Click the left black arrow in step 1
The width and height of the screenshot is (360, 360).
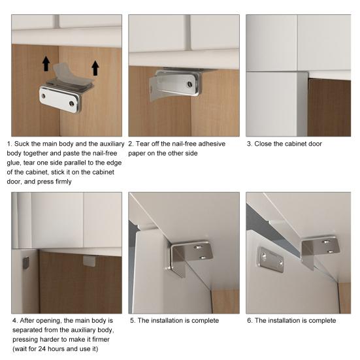pos(46,63)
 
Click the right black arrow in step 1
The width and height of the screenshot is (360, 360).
pos(95,68)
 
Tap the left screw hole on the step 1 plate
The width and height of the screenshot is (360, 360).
pos(43,95)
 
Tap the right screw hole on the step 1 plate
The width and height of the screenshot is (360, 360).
pos(72,104)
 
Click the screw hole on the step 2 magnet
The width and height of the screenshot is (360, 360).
pos(189,84)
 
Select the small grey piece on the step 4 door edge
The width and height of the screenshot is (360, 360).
pos(26,263)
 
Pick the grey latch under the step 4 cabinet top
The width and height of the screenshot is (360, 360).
pos(89,261)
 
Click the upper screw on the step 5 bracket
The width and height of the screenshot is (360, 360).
pos(197,247)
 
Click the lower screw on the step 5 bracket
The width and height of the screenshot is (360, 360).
pos(203,257)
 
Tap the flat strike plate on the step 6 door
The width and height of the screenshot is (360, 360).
pos(270,259)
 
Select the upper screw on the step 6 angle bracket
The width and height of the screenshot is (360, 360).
pos(325,242)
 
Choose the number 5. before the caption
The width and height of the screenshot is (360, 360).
pos(133,321)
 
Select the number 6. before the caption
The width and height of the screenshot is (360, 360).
pos(250,321)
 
